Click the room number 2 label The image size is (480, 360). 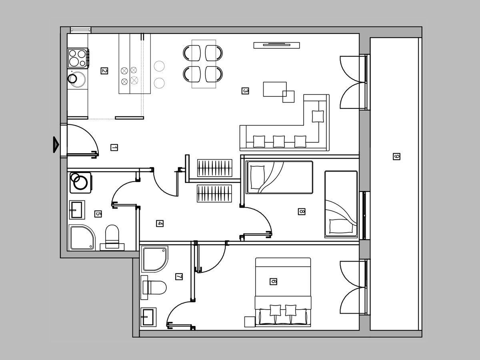[x=104, y=71]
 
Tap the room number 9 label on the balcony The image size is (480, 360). [x=396, y=156]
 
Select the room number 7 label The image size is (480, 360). [x=179, y=277]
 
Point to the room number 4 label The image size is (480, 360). [x=160, y=223]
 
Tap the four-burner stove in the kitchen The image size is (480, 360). [x=78, y=58]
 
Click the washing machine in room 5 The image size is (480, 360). [x=80, y=183]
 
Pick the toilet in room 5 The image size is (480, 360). [x=112, y=238]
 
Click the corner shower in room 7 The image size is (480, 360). [x=155, y=259]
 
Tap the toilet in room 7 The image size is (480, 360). [x=154, y=288]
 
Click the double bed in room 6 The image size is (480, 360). [x=283, y=292]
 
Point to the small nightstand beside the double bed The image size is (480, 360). [x=250, y=322]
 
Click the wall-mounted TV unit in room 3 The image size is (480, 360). [x=277, y=45]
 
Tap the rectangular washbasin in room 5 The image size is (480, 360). [x=77, y=210]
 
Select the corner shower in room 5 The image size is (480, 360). [x=82, y=238]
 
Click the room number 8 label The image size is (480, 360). [x=302, y=211]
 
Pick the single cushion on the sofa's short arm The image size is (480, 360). [x=318, y=116]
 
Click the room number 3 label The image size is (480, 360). [x=245, y=91]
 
